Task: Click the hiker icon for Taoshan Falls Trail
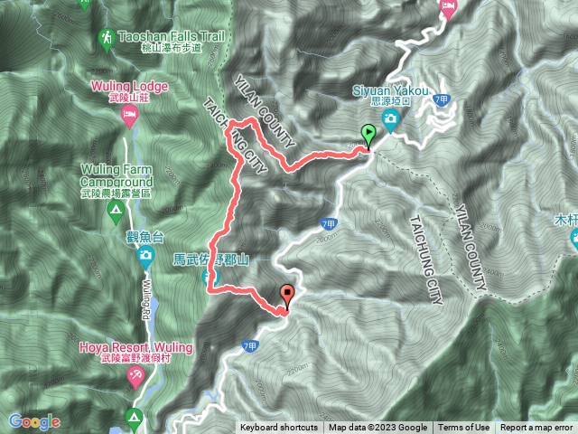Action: [x=107, y=38]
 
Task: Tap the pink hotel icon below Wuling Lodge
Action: [x=129, y=115]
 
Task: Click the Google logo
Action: [x=33, y=421]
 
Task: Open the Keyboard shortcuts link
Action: [x=279, y=428]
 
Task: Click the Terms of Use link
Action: [x=464, y=428]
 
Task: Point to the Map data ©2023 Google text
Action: [x=378, y=428]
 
